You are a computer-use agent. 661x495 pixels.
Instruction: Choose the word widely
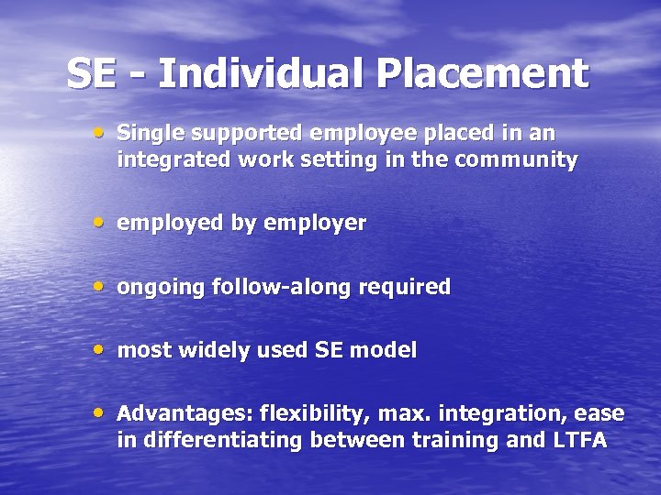click(211, 350)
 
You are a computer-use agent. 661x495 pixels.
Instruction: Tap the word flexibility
click(318, 413)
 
